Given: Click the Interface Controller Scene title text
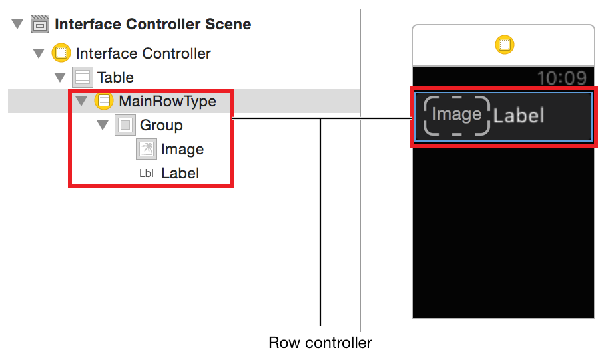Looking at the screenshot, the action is tap(153, 24).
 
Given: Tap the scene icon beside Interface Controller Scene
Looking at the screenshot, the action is tap(40, 24).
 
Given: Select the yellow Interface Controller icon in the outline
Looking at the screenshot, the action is tap(61, 53).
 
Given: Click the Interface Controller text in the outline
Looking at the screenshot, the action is tap(143, 53).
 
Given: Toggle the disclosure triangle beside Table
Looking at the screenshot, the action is tap(60, 77).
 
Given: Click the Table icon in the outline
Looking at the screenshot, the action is tap(83, 77).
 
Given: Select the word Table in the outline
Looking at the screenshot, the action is tap(115, 77).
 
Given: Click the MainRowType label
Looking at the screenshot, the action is tap(167, 102).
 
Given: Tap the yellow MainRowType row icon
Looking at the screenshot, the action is tap(104, 101).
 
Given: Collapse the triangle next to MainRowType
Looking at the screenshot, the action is tap(81, 101).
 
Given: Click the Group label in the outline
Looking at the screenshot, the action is tap(161, 126).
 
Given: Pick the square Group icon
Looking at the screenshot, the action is tap(125, 125).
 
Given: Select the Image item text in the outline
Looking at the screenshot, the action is tap(182, 150).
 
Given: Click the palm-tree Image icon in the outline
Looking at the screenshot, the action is tap(147, 149).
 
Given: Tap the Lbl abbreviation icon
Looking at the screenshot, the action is tap(147, 174).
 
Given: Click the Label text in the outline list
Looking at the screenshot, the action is tap(180, 173).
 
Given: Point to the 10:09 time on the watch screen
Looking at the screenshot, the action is tap(562, 78).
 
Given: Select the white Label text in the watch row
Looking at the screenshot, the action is tap(519, 116).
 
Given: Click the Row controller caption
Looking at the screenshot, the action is tap(320, 343).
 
